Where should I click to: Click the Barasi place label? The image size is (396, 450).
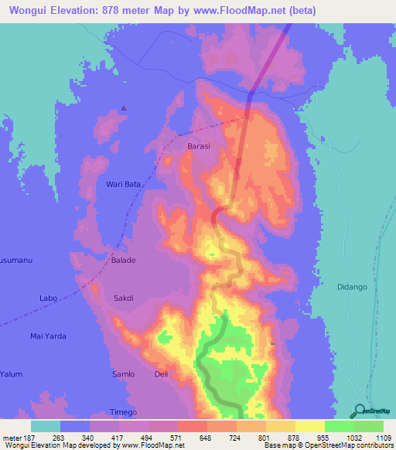(x=199, y=145)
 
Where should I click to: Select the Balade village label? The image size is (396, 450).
(x=123, y=261)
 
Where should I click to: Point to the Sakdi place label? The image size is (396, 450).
(x=125, y=298)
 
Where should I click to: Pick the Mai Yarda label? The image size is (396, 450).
(x=48, y=336)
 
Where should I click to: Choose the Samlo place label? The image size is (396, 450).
(x=123, y=374)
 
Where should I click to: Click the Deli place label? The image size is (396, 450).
(x=161, y=374)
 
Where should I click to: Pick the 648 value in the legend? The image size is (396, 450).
(x=207, y=438)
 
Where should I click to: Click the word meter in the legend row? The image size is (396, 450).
(x=12, y=438)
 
